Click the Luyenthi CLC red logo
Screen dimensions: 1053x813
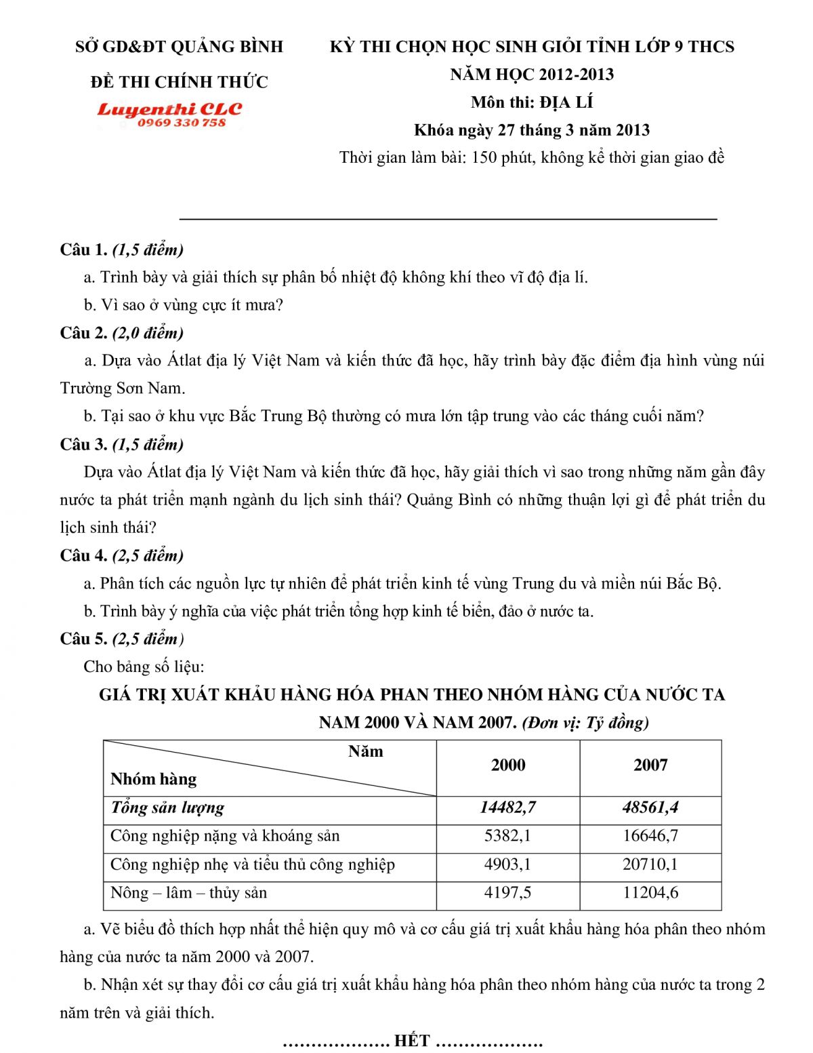click(169, 109)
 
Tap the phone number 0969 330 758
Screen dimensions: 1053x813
click(181, 123)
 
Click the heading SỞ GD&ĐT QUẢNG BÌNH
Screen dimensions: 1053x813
click(179, 47)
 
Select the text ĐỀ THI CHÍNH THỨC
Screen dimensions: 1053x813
click(179, 82)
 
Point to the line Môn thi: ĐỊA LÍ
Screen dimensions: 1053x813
click(532, 102)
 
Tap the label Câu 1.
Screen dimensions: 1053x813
click(83, 250)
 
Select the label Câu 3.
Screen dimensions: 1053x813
click(83, 444)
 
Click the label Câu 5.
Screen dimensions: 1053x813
click(83, 639)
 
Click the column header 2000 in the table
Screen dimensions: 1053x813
click(507, 765)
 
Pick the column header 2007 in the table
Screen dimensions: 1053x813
click(650, 765)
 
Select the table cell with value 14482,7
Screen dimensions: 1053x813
click(507, 808)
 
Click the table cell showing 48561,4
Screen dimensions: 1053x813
click(650, 808)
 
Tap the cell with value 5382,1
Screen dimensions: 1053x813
click(507, 836)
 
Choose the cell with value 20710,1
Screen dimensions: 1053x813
click(650, 865)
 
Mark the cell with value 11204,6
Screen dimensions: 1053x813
click(650, 893)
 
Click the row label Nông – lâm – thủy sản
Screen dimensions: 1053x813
click(188, 893)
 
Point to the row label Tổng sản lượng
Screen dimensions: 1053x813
click(167, 808)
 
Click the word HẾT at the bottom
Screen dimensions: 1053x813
click(412, 1041)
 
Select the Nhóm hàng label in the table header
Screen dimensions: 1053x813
click(154, 779)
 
